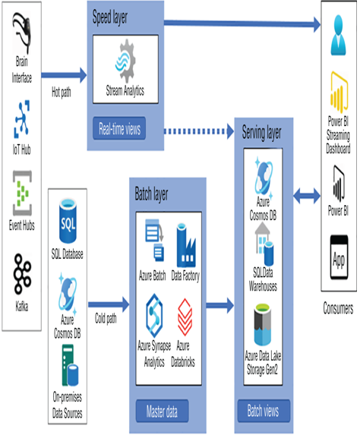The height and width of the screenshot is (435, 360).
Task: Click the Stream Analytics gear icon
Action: pyautogui.click(x=125, y=61)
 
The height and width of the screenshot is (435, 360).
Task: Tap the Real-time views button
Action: pyautogui.click(x=119, y=128)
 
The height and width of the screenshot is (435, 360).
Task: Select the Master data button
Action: pyautogui.click(x=162, y=411)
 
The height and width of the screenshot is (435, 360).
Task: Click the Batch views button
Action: pyautogui.click(x=264, y=411)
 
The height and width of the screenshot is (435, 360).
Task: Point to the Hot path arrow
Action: pyautogui.click(x=64, y=75)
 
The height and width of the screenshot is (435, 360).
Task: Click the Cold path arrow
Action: pyautogui.click(x=109, y=304)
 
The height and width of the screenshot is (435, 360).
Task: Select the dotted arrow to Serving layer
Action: pyautogui.click(x=199, y=131)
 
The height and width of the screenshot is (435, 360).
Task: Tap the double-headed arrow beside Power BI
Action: pyautogui.click(x=307, y=196)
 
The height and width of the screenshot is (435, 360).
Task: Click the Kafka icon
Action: pyautogui.click(x=22, y=274)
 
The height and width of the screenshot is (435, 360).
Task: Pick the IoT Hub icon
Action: pyautogui.click(x=22, y=119)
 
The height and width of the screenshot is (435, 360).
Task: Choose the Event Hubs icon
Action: pyautogui.click(x=22, y=193)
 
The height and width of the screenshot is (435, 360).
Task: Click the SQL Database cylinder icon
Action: pyautogui.click(x=68, y=221)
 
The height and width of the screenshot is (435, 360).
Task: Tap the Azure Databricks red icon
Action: pyautogui.click(x=185, y=317)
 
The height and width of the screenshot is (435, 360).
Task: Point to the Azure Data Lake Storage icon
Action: pyautogui.click(x=263, y=325)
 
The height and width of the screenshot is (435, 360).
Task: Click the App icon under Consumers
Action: pyautogui.click(x=339, y=257)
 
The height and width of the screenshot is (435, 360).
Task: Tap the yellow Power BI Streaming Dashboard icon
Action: pyautogui.click(x=339, y=92)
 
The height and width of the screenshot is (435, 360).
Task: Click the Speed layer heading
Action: pyautogui.click(x=110, y=17)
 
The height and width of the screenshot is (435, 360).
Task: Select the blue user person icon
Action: pyautogui.click(x=338, y=35)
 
